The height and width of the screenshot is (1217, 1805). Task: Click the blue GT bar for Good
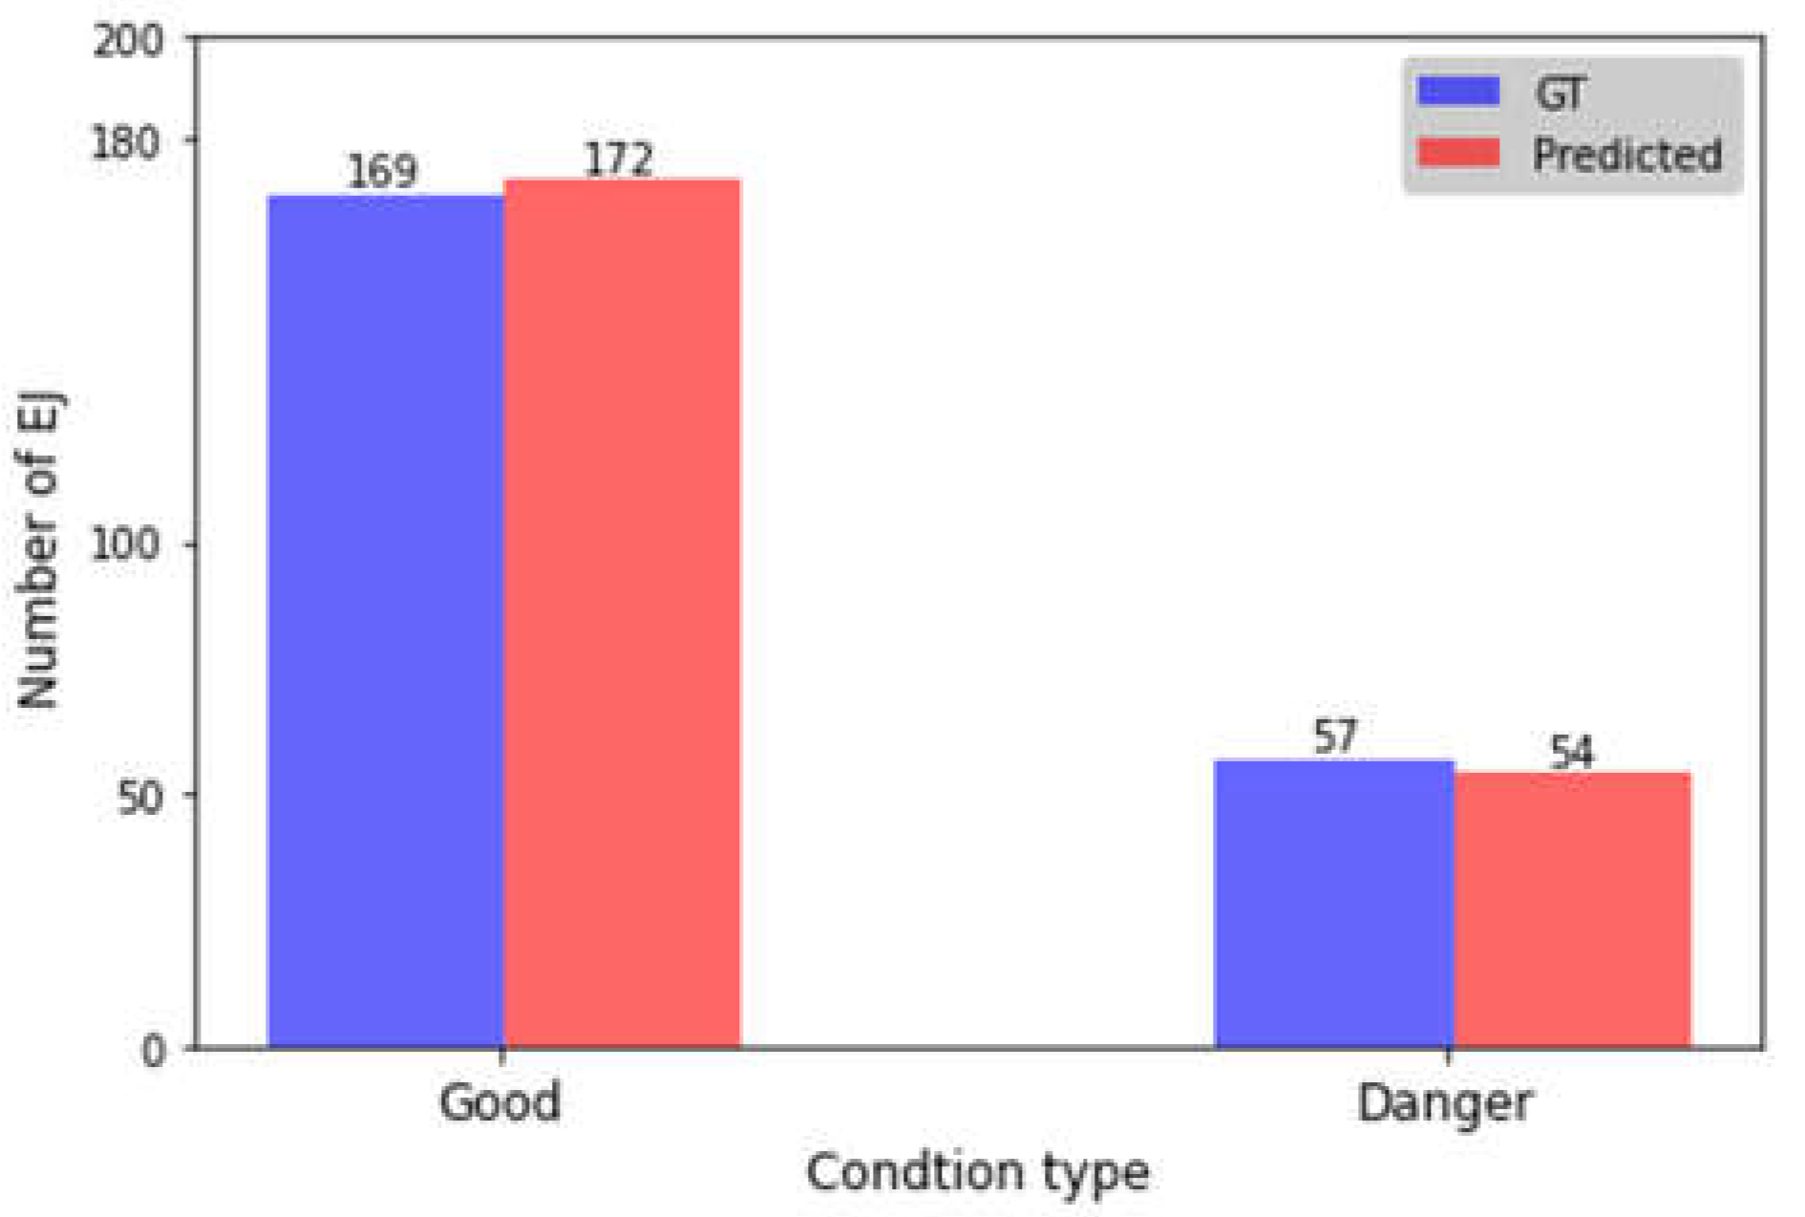coord(385,621)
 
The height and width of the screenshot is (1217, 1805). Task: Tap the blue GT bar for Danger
coord(1333,904)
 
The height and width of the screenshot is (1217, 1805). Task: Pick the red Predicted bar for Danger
coord(1572,909)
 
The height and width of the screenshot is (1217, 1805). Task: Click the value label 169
coord(382,172)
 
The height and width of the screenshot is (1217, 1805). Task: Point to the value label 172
coord(619,159)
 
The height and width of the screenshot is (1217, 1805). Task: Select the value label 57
coord(1334,737)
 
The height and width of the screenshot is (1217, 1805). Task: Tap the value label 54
coord(1571,752)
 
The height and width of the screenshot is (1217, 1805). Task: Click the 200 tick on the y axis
coord(128,41)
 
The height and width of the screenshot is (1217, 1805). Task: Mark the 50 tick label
coord(139,796)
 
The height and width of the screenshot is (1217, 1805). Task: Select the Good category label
coord(499,1102)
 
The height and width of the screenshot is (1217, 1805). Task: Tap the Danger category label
coord(1444,1104)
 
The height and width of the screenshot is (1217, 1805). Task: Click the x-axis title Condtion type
coord(977,1172)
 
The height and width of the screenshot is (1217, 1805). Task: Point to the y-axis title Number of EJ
coord(40,549)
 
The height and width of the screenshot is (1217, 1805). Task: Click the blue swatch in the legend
coord(1458,92)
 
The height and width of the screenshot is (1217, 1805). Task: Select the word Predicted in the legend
coord(1626,155)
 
